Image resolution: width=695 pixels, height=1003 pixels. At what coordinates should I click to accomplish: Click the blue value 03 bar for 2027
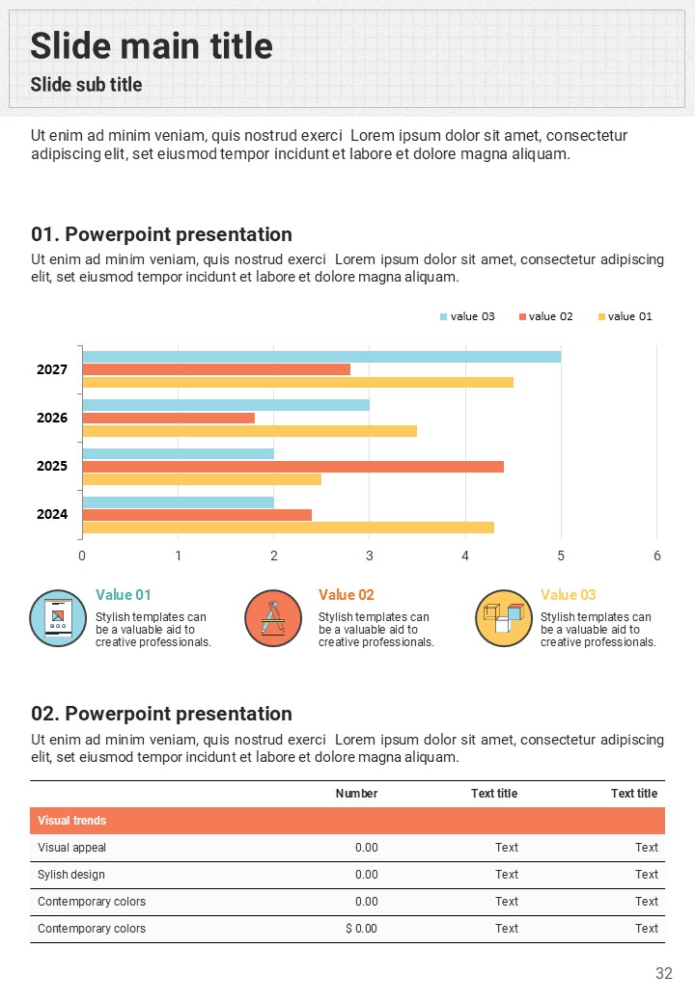coord(321,357)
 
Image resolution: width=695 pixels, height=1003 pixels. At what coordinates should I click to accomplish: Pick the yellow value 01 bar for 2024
coord(288,528)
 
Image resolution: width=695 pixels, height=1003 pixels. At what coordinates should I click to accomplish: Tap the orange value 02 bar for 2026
coord(169,418)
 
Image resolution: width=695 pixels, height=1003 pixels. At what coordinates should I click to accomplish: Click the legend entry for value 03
coord(467,316)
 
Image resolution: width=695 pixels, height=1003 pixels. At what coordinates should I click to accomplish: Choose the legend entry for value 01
coord(625,316)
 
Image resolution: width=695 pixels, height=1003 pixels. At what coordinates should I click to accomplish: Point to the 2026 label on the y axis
coord(52,418)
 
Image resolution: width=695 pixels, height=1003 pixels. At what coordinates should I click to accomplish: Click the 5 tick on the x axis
coord(561,556)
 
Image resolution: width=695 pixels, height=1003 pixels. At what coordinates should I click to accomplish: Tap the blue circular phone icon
coord(58,618)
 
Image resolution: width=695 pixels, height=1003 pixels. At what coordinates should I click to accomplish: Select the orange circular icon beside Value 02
coord(273,618)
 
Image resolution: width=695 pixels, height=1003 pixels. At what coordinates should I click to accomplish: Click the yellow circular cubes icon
coord(504,618)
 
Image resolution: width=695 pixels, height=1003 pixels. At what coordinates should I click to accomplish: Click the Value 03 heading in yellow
coord(569,595)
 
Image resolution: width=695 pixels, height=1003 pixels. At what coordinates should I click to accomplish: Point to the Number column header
coord(356,794)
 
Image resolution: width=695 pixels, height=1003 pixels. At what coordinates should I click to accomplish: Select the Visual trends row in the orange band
coord(72,821)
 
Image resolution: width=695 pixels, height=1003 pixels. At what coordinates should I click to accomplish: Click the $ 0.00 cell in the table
coord(361,929)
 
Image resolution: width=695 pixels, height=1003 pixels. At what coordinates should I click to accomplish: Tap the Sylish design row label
coord(71,875)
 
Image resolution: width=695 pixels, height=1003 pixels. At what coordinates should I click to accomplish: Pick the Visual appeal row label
coord(72,848)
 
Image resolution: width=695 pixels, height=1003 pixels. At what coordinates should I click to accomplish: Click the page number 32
coord(663,974)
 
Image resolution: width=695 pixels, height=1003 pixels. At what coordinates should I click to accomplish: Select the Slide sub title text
coord(86,85)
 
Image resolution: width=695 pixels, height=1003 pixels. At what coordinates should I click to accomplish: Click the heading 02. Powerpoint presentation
coord(161,714)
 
